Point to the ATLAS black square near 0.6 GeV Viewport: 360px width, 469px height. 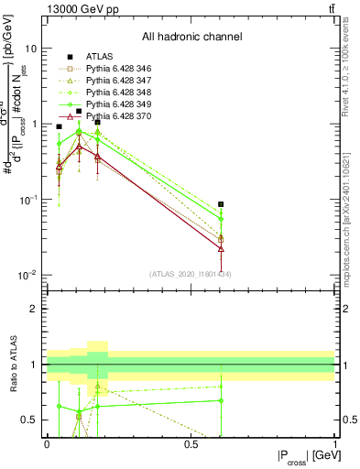221,205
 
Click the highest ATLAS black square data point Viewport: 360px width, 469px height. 79,112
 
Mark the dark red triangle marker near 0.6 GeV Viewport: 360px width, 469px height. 221,248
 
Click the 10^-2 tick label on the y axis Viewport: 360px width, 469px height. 27,275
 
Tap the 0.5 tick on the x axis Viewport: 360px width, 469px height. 191,443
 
